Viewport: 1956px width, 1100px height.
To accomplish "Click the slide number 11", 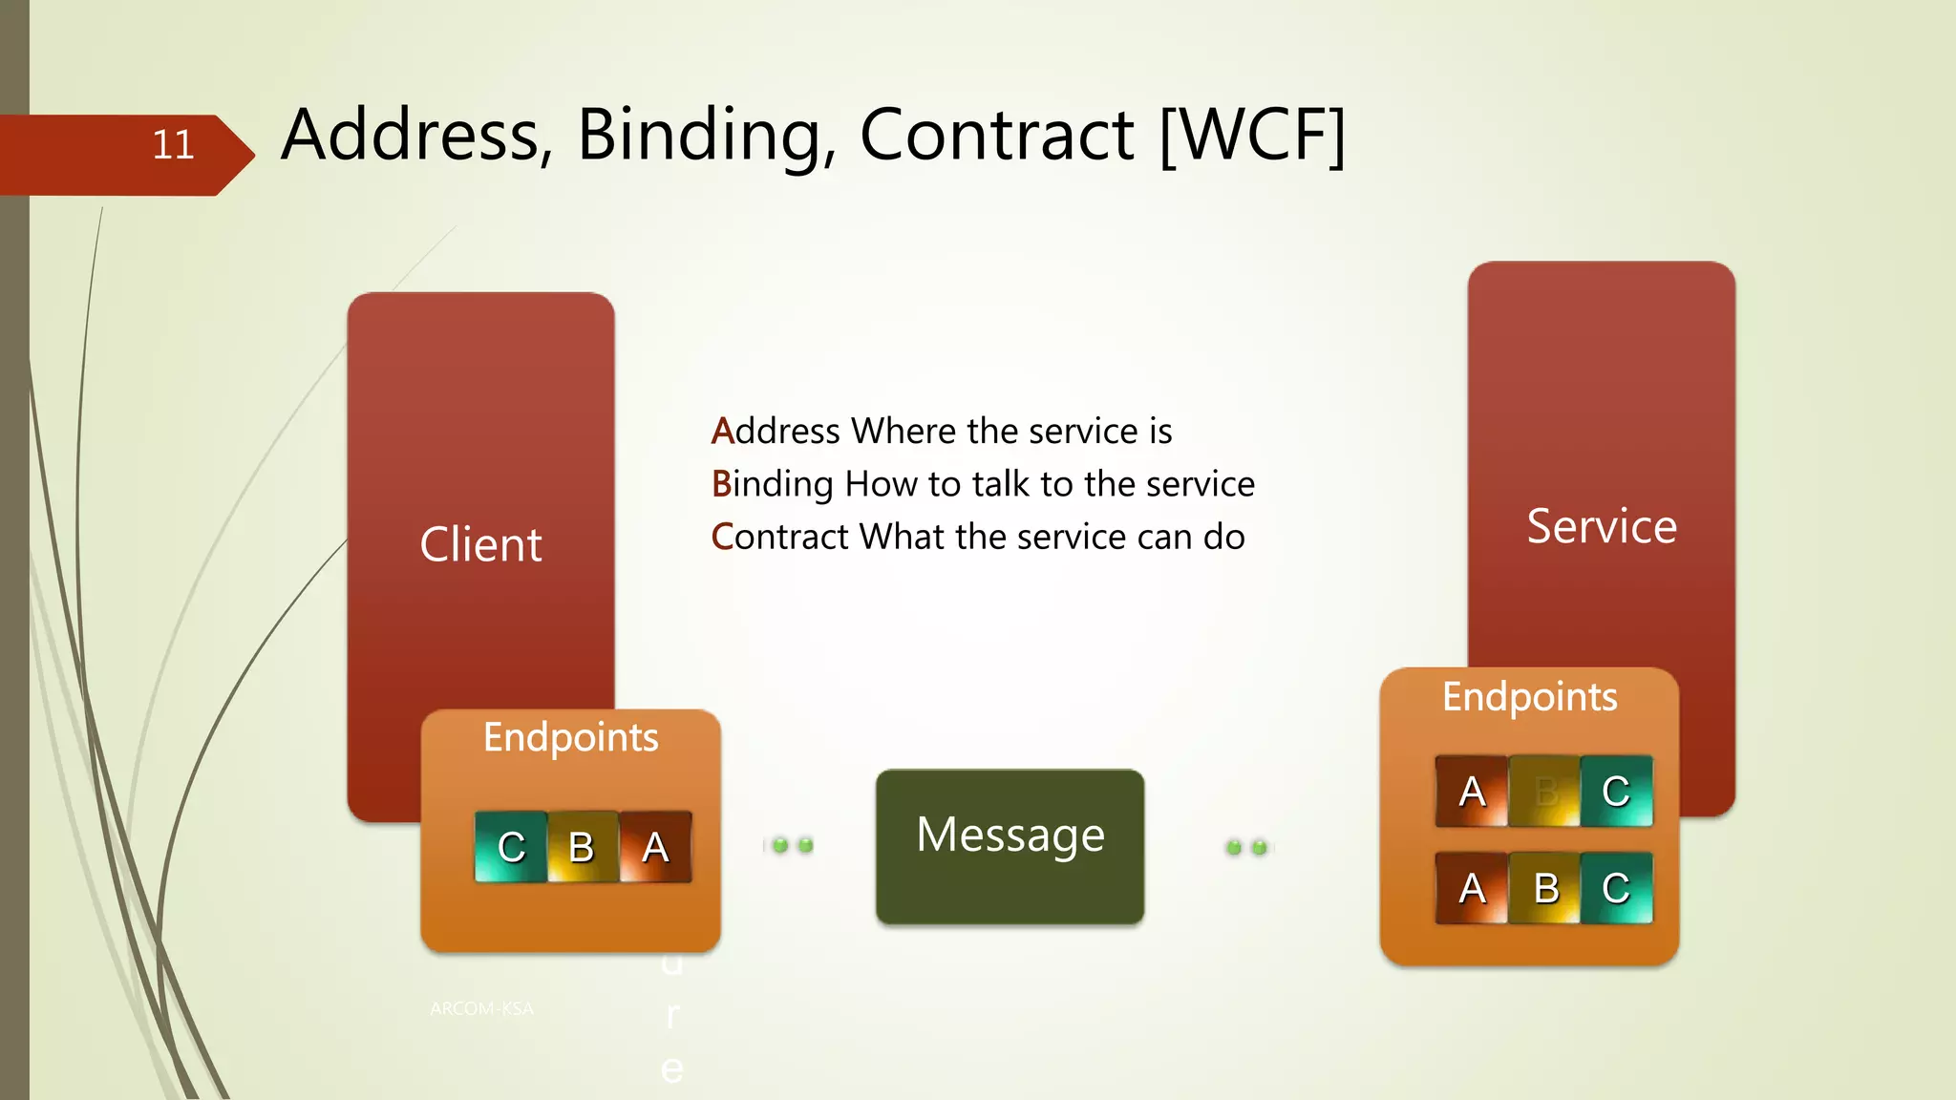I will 173,145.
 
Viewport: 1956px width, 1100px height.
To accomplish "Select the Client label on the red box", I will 480,545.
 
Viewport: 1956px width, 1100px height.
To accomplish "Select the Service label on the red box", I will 1602,526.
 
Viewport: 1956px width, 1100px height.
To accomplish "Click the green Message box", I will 1010,846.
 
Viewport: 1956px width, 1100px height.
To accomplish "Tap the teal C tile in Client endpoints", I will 511,847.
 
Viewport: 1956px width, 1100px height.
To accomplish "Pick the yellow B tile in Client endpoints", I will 582,847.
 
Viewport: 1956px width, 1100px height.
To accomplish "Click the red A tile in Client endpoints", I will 655,847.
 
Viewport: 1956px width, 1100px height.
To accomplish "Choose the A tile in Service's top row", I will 1472,792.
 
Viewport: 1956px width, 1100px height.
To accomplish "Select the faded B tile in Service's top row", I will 1545,792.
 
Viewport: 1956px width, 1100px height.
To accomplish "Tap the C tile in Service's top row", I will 1616,792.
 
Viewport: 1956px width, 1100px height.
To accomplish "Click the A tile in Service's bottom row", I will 1472,888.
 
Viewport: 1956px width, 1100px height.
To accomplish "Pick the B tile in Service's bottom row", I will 1545,888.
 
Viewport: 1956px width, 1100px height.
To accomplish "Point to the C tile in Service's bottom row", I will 1616,888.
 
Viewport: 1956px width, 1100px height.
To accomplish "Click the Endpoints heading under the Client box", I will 570,738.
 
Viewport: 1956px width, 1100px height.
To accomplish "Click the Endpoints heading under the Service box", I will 1529,697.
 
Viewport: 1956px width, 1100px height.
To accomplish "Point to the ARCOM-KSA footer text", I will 481,1008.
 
